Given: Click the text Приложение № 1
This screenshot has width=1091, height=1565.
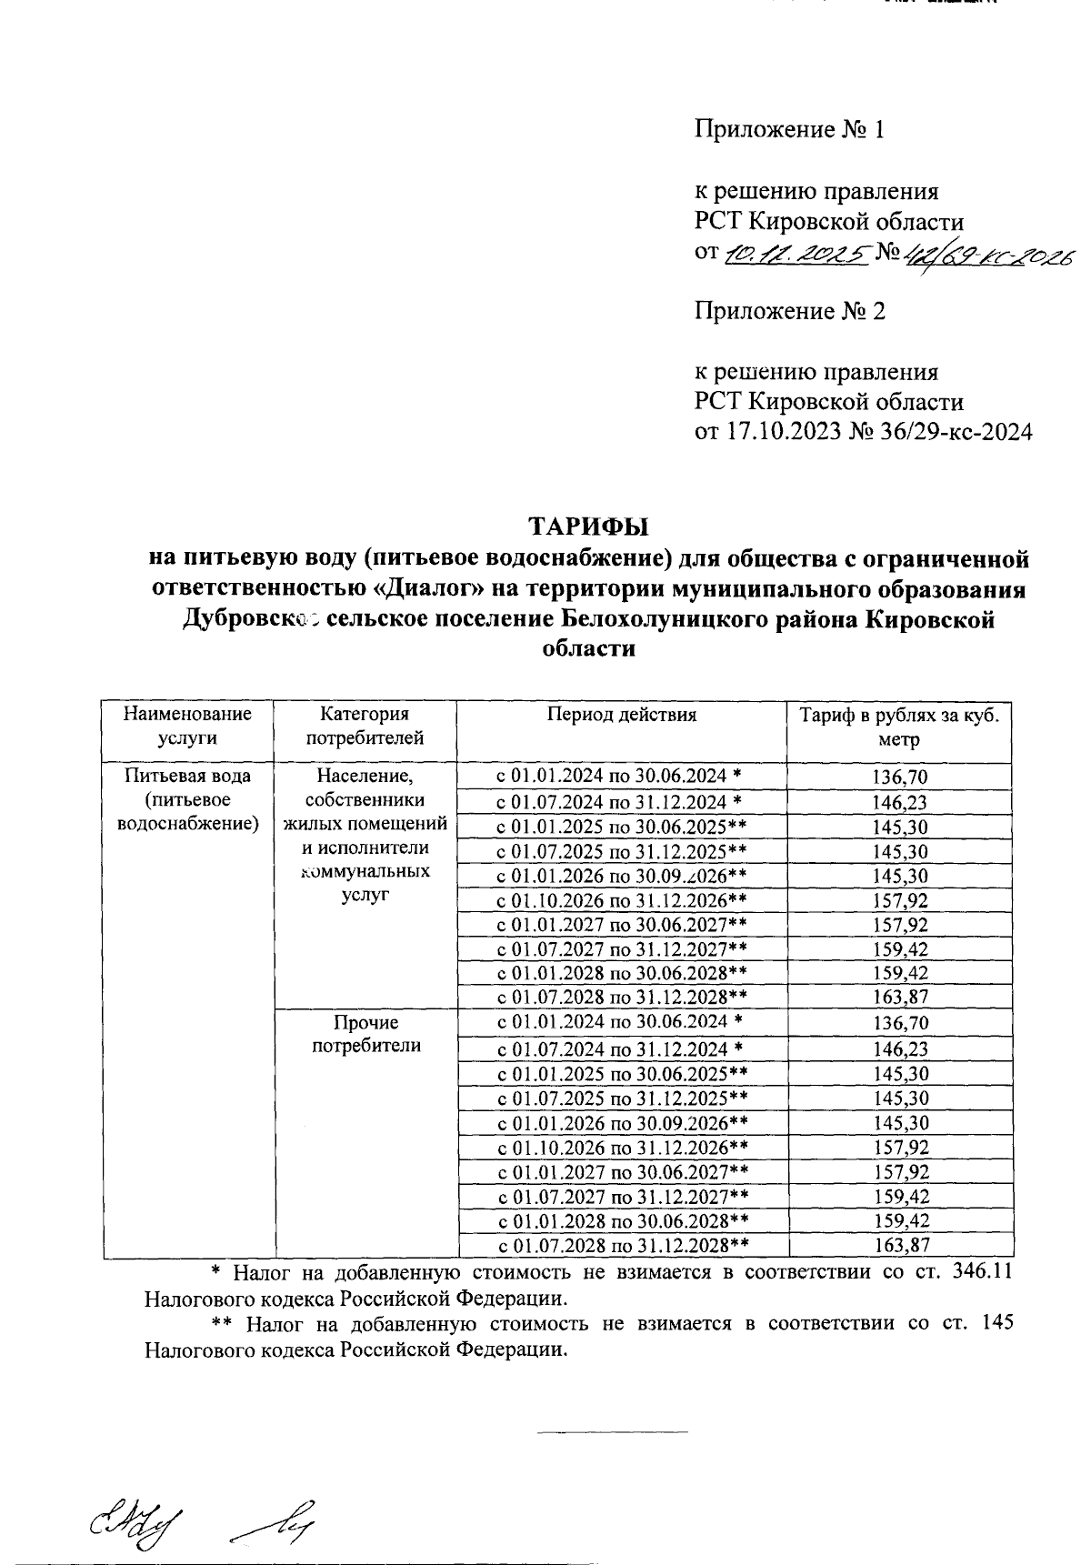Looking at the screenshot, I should click(789, 129).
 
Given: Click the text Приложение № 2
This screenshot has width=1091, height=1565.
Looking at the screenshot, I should click(789, 311).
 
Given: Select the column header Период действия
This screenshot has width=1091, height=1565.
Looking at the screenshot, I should click(621, 715).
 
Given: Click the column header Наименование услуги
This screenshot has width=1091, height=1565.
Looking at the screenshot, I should click(187, 727).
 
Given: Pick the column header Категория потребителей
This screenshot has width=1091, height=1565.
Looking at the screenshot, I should click(365, 727).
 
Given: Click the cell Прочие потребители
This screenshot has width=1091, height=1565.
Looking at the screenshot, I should click(365, 1035).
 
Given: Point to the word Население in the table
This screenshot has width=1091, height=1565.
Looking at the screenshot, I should click(365, 777).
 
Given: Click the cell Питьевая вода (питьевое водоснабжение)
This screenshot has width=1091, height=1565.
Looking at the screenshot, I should click(187, 800).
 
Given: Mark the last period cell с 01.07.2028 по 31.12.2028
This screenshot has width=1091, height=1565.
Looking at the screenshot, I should click(623, 1246).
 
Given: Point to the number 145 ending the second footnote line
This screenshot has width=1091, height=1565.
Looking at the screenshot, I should click(997, 1323).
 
